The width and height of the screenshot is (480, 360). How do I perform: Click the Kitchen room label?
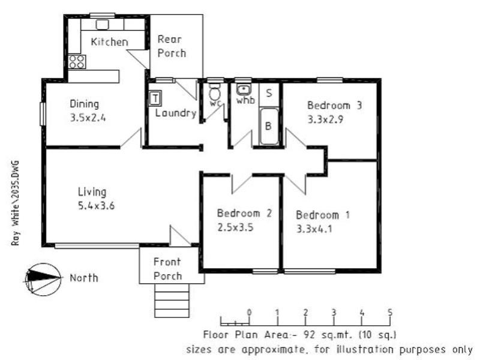click(x=109, y=42)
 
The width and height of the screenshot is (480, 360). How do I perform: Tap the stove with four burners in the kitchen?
click(x=77, y=61)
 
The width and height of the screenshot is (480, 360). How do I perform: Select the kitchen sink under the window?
click(x=102, y=25)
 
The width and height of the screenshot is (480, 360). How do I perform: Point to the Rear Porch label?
click(x=172, y=46)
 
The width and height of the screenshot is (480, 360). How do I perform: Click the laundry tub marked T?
click(x=155, y=98)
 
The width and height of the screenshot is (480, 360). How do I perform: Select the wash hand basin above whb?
click(x=244, y=90)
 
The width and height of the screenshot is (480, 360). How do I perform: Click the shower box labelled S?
click(x=269, y=93)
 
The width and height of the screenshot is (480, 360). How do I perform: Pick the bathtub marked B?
click(x=269, y=127)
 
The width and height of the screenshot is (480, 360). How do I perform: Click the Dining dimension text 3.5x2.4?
click(x=88, y=118)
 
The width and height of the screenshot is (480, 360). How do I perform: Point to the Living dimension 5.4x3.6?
click(x=96, y=206)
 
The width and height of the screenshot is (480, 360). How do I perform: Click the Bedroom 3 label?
click(x=334, y=105)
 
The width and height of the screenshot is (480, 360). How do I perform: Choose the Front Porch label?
click(x=167, y=269)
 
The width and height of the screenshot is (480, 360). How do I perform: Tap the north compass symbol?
click(x=41, y=278)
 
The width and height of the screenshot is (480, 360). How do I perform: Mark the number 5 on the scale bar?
click(x=391, y=312)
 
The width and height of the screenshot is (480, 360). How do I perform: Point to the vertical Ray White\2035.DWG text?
click(x=15, y=203)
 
